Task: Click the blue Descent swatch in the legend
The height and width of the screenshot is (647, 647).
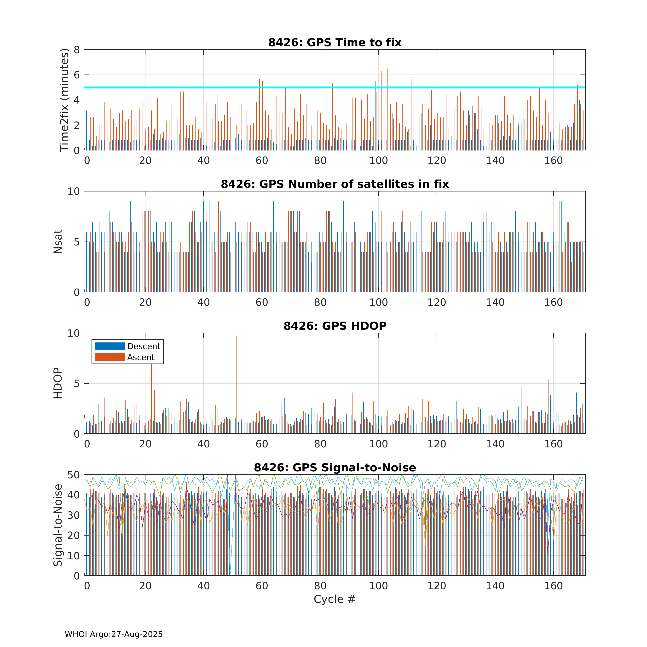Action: coord(110,346)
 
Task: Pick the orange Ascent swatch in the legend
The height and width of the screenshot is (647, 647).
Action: coord(110,357)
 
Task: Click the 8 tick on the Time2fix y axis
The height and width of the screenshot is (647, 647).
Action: coord(77,50)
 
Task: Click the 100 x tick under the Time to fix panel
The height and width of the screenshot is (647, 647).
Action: coord(378,161)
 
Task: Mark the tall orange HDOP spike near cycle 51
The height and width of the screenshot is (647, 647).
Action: coord(236,385)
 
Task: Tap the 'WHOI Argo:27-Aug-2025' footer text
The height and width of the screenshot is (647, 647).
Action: coord(114,634)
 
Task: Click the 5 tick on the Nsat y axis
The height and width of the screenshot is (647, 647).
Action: coord(77,242)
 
